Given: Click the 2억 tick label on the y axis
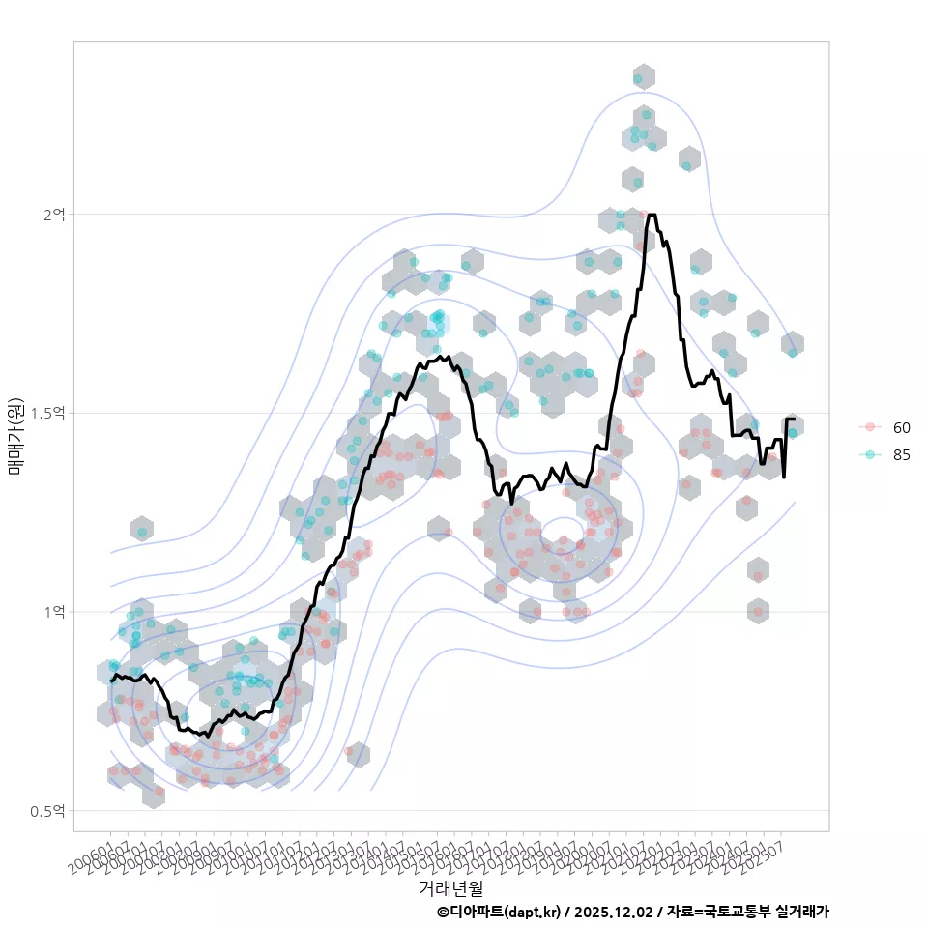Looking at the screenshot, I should point(53,214).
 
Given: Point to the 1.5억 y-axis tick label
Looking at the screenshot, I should point(48,413).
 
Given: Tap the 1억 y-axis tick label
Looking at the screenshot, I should point(53,612).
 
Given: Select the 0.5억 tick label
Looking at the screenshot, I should point(48,811).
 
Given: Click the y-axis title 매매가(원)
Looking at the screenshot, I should point(15,435).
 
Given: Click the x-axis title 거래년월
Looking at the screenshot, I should point(450,886).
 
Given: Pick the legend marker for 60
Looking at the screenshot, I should point(870,427).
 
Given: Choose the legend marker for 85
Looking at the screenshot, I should point(870,455).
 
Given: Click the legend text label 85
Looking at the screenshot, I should point(902,455).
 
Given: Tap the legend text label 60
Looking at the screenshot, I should point(902,427).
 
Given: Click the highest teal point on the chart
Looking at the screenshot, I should point(638,77).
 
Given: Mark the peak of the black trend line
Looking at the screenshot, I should point(652,215).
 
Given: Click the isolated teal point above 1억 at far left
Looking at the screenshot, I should point(142,532).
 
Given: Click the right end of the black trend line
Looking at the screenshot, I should point(794,420).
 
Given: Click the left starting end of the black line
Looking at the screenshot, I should point(112,681).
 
